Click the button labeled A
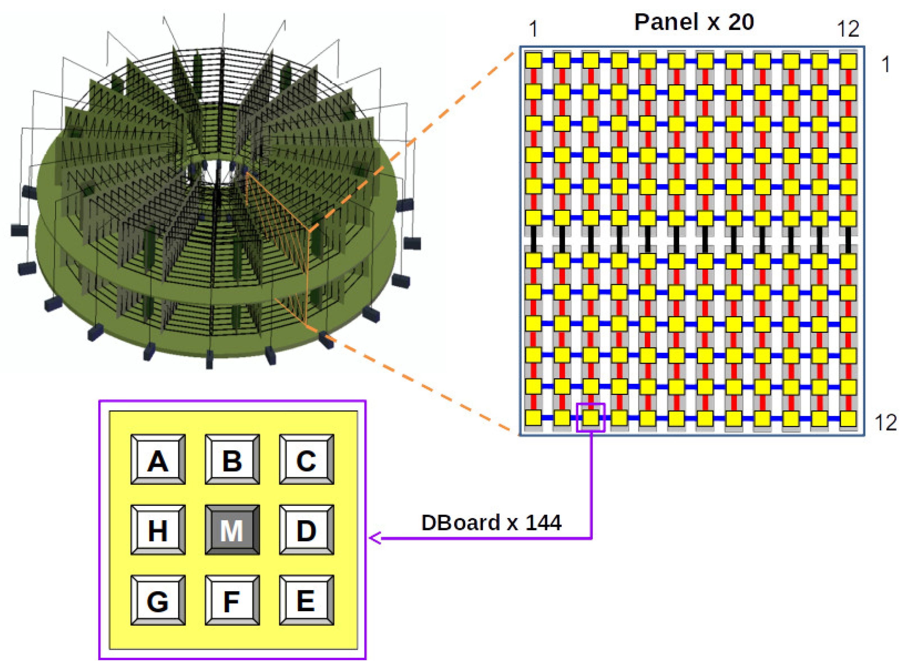click(158, 460)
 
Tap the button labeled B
click(232, 460)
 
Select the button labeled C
click(306, 460)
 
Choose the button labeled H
click(158, 530)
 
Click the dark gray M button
click(232, 530)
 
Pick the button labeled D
click(306, 530)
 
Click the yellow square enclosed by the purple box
click(591, 417)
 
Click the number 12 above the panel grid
click(848, 29)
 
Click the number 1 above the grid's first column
click(533, 29)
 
